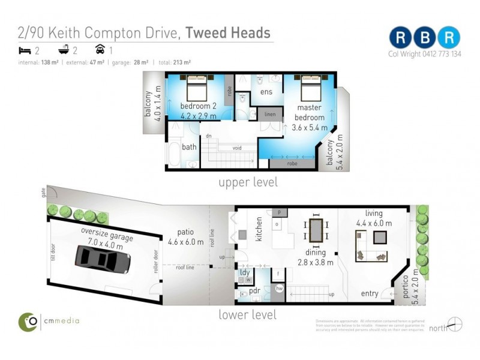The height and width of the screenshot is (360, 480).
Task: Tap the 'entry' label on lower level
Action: tap(370, 293)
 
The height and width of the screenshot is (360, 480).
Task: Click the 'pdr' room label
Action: tap(254, 292)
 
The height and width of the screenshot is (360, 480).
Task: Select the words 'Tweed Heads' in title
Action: tap(227, 33)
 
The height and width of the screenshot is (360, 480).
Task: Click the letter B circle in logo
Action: tap(425, 37)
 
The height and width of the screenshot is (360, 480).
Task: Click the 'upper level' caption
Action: tap(248, 182)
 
